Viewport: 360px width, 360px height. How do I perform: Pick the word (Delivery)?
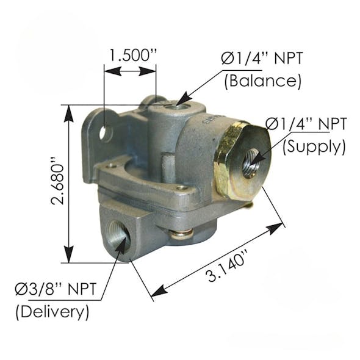52,312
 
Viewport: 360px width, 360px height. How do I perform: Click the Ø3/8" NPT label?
56,289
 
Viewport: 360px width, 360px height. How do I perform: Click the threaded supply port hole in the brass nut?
250,164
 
